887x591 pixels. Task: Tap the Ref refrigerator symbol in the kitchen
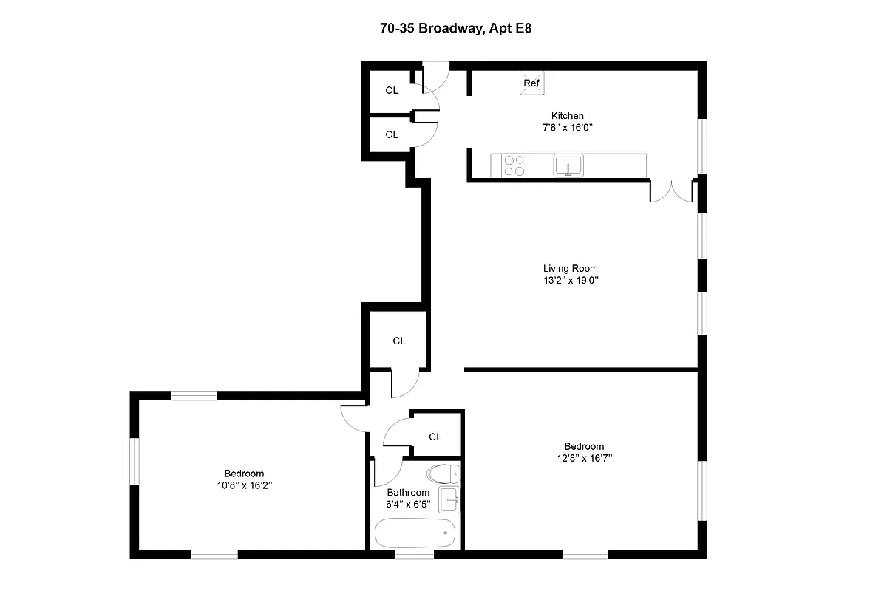(531, 83)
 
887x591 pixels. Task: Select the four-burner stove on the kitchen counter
(514, 165)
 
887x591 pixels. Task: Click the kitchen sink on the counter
(568, 165)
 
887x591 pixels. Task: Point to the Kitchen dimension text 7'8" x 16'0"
(568, 128)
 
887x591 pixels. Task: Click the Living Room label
(570, 269)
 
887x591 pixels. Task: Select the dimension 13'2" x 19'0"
(570, 281)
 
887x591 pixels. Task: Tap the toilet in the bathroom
(442, 474)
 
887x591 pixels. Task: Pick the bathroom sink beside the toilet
(449, 499)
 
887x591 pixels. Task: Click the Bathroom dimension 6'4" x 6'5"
(408, 505)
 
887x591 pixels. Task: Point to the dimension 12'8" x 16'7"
(584, 458)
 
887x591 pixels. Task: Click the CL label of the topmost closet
(392, 90)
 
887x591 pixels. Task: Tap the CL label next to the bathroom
(435, 437)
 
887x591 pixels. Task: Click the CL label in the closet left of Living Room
(399, 341)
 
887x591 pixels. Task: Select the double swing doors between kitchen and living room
(671, 191)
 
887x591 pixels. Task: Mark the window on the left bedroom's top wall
(194, 396)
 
